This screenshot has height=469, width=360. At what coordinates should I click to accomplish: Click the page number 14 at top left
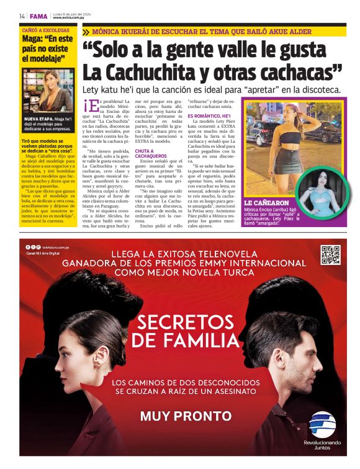[x=22, y=16]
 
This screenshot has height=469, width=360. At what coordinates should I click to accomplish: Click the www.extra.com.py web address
[x=70, y=18]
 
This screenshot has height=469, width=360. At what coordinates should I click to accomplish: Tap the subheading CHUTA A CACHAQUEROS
[x=149, y=153]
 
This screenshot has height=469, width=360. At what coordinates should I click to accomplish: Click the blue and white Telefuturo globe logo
[x=322, y=424]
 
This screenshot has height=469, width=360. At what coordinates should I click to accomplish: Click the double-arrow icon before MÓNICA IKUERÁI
[x=86, y=31]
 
